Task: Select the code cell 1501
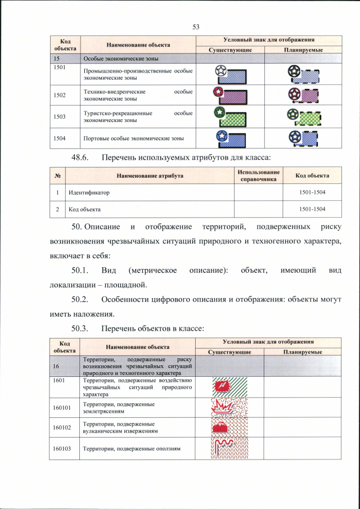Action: [x=59, y=67]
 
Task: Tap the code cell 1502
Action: [x=59, y=95]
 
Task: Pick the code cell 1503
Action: [x=59, y=116]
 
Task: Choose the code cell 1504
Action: [x=59, y=137]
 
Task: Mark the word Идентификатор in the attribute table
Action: [x=89, y=192]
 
